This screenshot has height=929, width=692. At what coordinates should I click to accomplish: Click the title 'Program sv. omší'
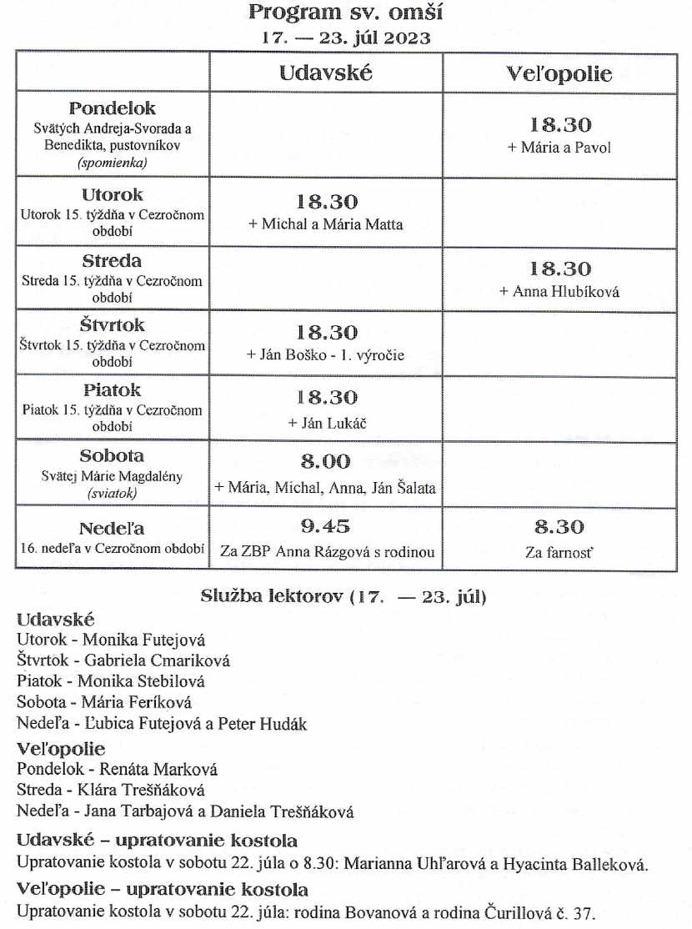click(346, 13)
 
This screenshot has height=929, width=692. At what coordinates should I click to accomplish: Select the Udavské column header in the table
click(325, 73)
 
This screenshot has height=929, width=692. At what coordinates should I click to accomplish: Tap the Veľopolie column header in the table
click(559, 74)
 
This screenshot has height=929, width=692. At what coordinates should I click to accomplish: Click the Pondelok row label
click(113, 108)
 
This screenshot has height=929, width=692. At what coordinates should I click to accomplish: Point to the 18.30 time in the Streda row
click(560, 269)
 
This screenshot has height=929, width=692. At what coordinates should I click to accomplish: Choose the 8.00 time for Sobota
click(325, 461)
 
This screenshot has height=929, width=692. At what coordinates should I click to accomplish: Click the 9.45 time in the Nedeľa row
click(325, 526)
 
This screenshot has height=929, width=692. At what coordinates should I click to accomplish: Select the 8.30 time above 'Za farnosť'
click(559, 526)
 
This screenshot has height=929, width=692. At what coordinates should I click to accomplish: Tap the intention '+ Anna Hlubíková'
click(559, 292)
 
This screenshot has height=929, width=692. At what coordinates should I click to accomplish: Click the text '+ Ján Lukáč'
click(326, 423)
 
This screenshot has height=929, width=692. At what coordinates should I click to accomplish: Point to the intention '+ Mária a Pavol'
click(559, 148)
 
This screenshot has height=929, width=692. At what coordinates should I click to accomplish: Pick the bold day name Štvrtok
click(113, 324)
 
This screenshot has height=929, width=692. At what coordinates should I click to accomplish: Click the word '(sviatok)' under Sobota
click(112, 493)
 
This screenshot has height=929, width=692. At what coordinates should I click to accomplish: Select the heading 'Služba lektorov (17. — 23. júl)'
click(344, 596)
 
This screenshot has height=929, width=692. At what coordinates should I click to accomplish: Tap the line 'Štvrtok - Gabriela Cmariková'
click(123, 660)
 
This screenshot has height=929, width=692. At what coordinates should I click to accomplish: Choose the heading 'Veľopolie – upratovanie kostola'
click(162, 889)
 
